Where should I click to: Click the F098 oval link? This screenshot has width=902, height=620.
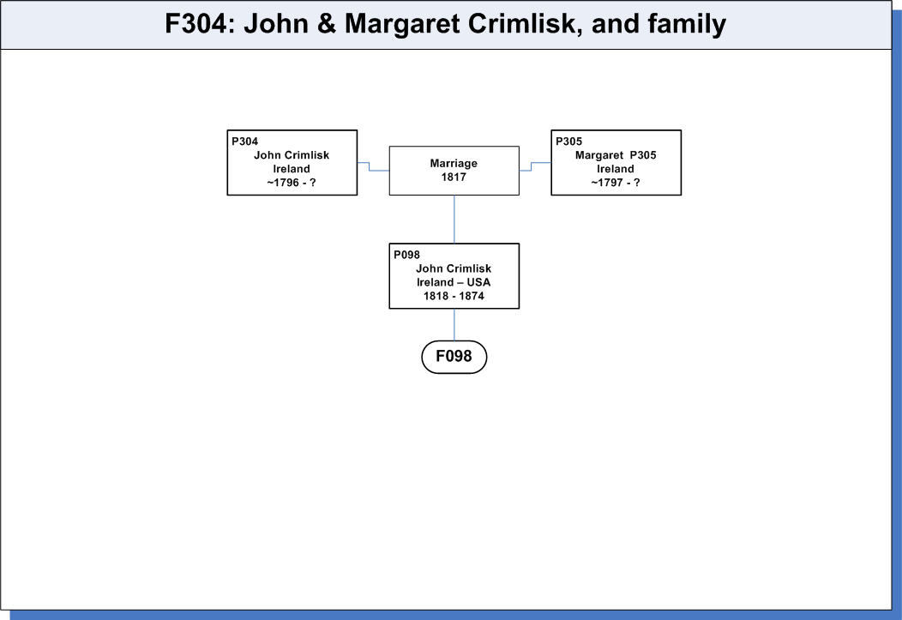(x=454, y=357)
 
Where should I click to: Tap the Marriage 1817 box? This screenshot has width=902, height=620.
(x=454, y=171)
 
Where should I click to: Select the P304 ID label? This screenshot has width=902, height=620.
(x=244, y=141)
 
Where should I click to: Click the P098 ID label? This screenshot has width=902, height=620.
(x=406, y=255)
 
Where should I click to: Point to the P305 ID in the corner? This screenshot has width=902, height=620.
(x=569, y=141)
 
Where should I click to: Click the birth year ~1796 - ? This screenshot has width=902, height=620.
(x=292, y=183)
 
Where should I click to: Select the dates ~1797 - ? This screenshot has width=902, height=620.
(x=616, y=183)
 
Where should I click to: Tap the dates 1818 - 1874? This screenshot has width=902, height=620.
(x=454, y=296)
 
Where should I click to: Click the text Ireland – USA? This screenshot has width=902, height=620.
(x=454, y=282)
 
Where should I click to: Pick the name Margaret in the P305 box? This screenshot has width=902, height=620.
(x=598, y=155)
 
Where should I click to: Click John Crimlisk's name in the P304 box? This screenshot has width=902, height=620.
(x=292, y=155)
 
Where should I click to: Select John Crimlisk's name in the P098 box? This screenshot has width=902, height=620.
(x=454, y=268)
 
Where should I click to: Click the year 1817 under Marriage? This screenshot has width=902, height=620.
(x=454, y=178)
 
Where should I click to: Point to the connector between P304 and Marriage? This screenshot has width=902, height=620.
(x=370, y=166)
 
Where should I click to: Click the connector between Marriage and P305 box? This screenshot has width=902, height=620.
(x=532, y=166)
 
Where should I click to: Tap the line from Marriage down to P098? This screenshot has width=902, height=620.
(x=454, y=220)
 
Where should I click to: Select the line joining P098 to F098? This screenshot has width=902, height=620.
(x=454, y=324)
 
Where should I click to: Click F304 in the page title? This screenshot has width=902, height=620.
(x=196, y=24)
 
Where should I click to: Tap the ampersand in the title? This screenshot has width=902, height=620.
(x=326, y=24)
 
